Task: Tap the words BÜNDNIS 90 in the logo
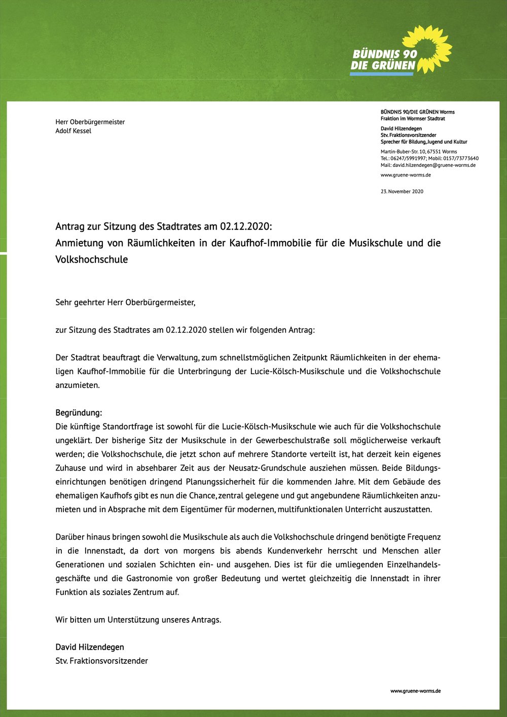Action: pos(385,54)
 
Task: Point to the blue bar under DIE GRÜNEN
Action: pos(382,74)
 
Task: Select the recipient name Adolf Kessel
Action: pos(74,131)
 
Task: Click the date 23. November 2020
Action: pos(402,191)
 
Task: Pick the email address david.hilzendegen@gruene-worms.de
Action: pos(434,165)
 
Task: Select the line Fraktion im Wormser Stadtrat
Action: pos(413,119)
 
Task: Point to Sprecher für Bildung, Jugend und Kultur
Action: pos(424,142)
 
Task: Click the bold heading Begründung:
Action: pos(79,413)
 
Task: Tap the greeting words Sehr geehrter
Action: pos(80,302)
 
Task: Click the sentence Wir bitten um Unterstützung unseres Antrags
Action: pos(138,620)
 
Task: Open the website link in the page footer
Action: pos(415,691)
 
